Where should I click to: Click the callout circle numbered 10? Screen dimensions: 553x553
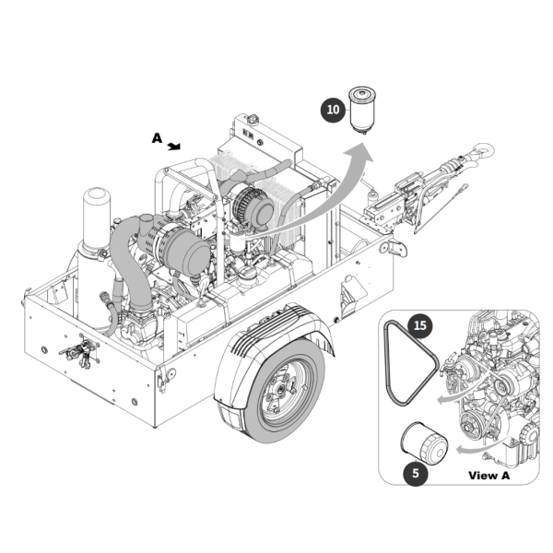coord(333,110)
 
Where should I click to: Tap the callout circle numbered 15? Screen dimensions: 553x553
coord(419,325)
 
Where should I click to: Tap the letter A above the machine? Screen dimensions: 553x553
coord(158,138)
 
